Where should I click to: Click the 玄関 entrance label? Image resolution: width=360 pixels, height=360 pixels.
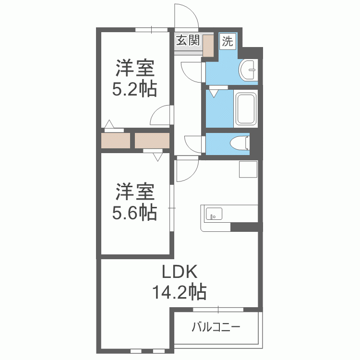(x=188, y=40)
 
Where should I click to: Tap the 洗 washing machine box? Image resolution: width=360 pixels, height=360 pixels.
(x=228, y=41)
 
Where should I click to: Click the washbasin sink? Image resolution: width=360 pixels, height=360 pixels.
(x=248, y=70)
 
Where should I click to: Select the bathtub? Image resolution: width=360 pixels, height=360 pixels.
(x=246, y=108)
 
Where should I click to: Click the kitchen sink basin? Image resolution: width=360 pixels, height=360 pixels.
(x=214, y=214)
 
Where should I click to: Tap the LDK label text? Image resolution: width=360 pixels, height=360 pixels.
(x=180, y=272)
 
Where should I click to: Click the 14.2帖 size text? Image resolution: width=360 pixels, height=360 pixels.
(x=180, y=292)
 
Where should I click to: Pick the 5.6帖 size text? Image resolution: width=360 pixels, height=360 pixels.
(x=134, y=212)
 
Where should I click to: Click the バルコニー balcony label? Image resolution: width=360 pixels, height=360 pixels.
(x=216, y=327)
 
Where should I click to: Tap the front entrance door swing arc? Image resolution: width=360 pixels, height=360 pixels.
(x=193, y=11)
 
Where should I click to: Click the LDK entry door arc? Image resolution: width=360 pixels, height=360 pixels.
(x=193, y=174)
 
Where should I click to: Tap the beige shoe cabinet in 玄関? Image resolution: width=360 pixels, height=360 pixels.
(x=208, y=45)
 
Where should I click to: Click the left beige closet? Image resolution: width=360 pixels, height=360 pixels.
(x=116, y=141)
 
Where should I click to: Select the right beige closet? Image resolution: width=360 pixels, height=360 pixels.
(x=152, y=141)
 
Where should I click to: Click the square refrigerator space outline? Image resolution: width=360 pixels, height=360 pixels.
(x=248, y=169)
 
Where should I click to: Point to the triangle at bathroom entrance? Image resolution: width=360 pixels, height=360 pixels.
(x=214, y=94)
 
